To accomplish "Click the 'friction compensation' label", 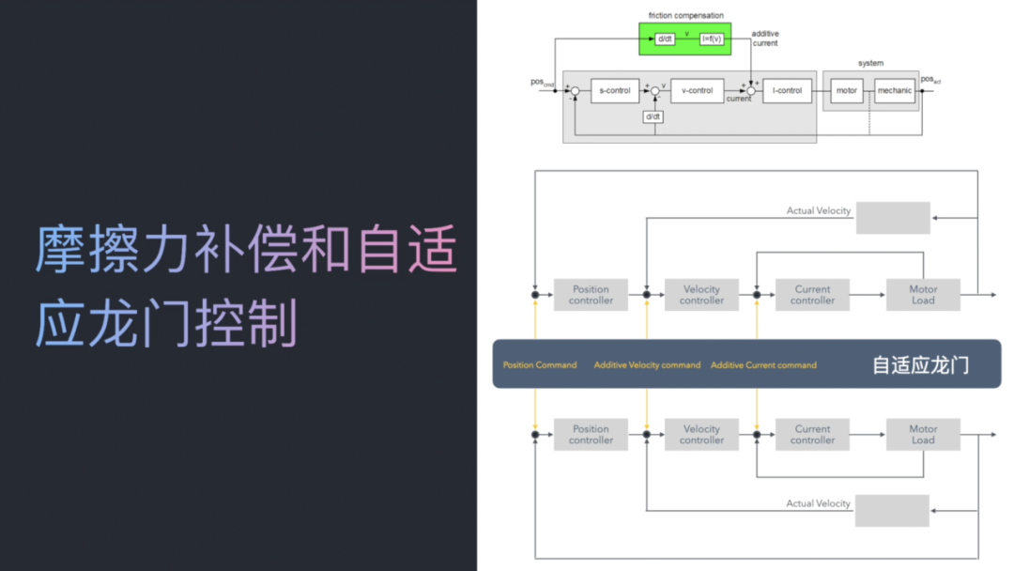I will [x=685, y=15].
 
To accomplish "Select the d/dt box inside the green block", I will [x=665, y=39].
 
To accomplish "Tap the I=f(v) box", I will [x=713, y=39].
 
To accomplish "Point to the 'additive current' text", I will [x=765, y=39].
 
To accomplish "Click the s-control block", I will [x=615, y=91].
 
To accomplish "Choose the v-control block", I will [x=697, y=91].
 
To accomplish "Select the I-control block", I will [x=787, y=91].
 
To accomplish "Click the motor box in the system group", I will [x=847, y=91].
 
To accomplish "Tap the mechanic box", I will [x=894, y=91].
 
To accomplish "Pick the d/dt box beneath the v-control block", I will [x=653, y=116].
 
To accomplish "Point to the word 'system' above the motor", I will [x=870, y=63].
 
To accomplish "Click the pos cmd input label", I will [x=543, y=83].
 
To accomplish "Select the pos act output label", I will [x=930, y=80].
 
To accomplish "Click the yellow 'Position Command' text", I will [x=540, y=365].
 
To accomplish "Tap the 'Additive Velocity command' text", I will [x=647, y=365].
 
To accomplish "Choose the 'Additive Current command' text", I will [x=763, y=365].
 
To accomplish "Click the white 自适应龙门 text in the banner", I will [x=920, y=364].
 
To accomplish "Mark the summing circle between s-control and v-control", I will [x=655, y=91].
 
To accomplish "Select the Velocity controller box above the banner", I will [x=701, y=295].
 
